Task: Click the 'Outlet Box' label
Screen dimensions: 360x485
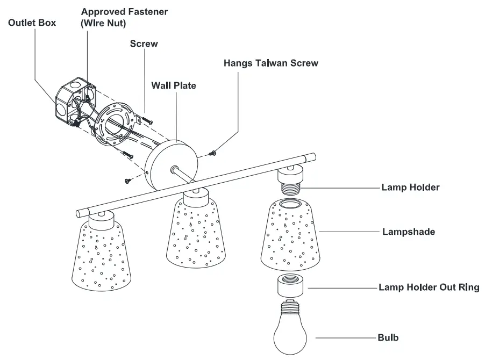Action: pyautogui.click(x=32, y=23)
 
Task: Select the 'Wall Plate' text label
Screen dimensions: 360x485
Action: pyautogui.click(x=173, y=85)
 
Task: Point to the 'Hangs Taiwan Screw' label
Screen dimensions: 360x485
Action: pyautogui.click(x=270, y=63)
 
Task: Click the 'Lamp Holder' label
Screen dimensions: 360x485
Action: pyautogui.click(x=410, y=188)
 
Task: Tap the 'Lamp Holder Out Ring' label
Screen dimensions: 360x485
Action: pyautogui.click(x=429, y=287)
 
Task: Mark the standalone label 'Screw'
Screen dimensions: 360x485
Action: pyautogui.click(x=144, y=44)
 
